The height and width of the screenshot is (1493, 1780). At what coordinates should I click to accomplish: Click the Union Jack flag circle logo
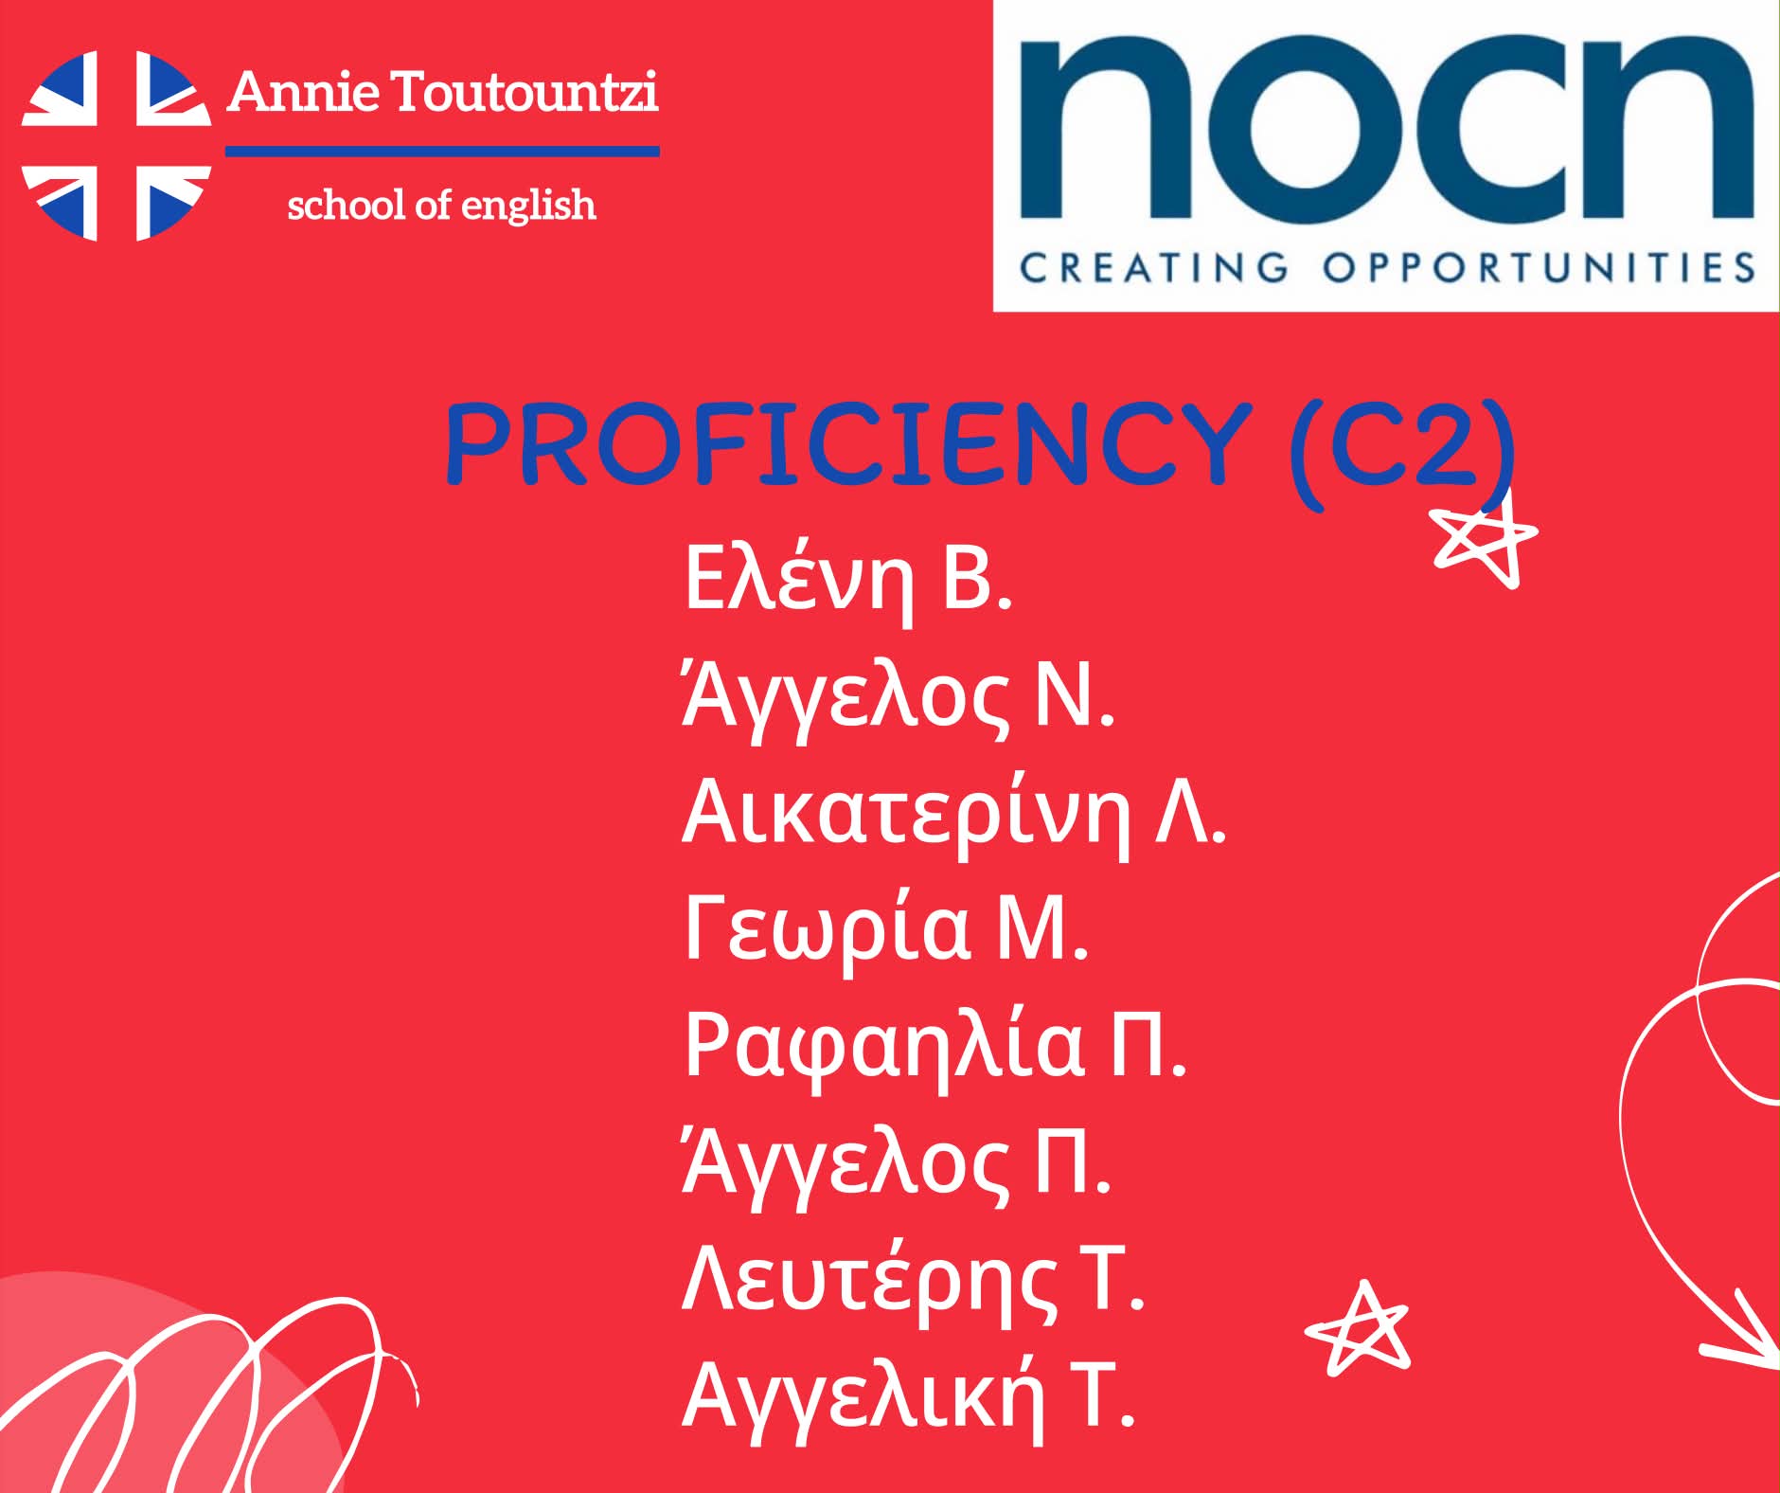point(116,146)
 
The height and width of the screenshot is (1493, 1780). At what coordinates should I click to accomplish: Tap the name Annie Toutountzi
point(442,92)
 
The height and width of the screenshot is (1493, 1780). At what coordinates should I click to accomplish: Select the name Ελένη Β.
point(847,577)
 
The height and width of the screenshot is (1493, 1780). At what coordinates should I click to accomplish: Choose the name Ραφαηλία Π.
point(934,1047)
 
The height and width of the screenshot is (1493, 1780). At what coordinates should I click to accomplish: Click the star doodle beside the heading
point(1484,541)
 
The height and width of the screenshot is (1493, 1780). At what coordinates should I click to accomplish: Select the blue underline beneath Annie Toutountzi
point(442,151)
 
